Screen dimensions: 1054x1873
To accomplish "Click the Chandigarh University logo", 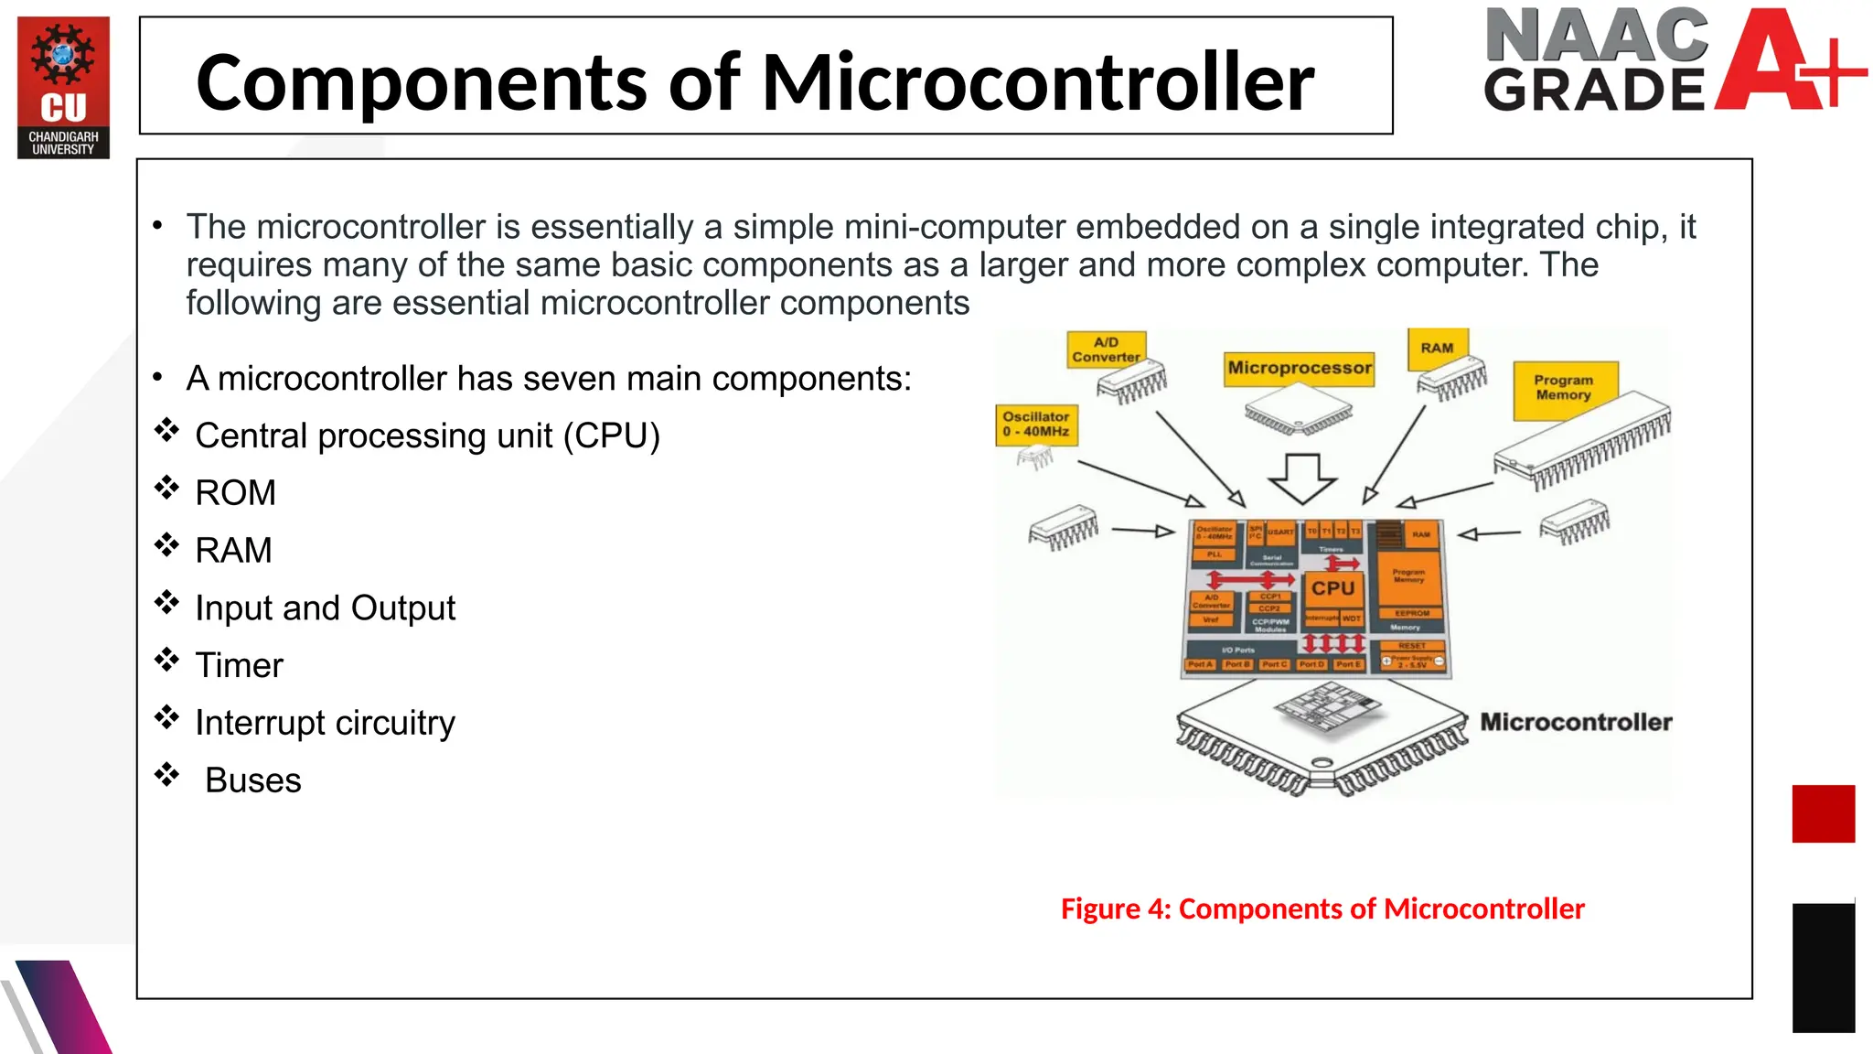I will [63, 87].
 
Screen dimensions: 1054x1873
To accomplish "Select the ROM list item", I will [235, 493].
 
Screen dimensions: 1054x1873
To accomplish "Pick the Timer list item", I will [239, 665].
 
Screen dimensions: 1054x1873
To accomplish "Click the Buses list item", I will [252, 780].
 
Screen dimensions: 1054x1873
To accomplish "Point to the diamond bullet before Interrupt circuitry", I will [166, 717].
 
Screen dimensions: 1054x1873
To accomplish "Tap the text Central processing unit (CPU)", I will [427, 436].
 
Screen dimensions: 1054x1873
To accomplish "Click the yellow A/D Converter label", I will [1106, 350].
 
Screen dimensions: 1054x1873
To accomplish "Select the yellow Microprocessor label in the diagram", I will [1299, 368].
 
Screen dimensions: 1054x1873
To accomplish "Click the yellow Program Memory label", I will [1563, 388].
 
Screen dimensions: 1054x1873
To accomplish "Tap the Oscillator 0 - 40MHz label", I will [1035, 425].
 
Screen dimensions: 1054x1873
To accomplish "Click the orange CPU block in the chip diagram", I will [1333, 588].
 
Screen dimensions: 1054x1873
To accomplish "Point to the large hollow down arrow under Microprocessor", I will [1302, 478].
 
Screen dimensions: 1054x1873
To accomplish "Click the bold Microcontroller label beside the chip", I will [1575, 722].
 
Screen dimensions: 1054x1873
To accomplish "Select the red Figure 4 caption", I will [1322, 909].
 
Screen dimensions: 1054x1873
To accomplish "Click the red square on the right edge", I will [1823, 813].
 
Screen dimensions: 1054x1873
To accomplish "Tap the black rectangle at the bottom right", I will [1823, 968].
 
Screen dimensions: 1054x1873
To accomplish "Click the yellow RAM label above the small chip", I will [1437, 349].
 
